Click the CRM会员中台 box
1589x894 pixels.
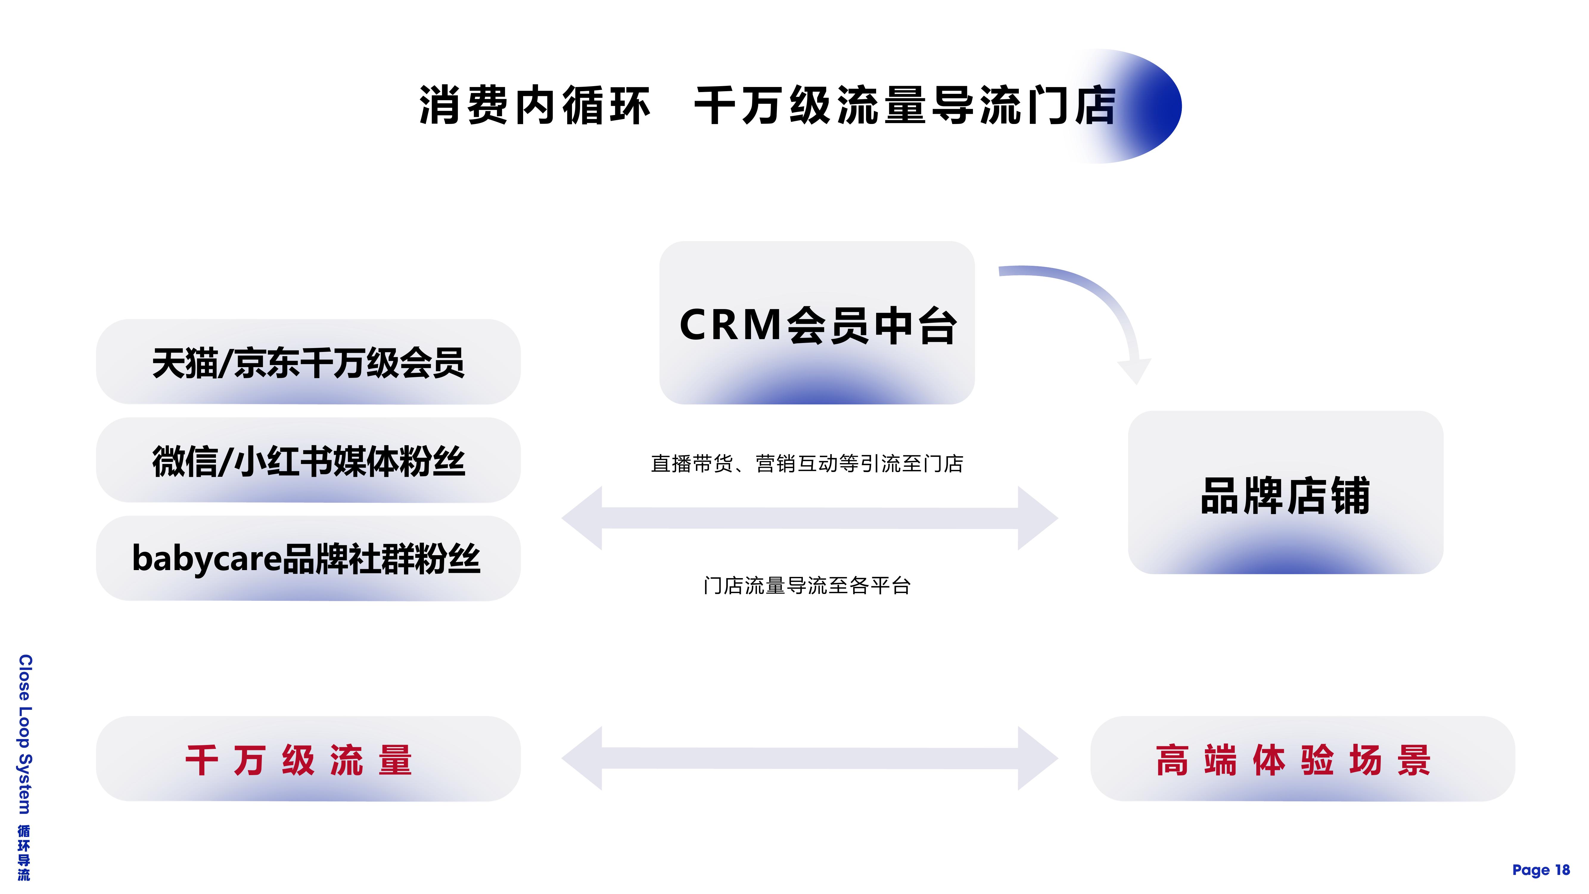[x=817, y=323]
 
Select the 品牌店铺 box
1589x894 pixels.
[x=1285, y=492]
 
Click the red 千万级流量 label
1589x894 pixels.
[x=298, y=760]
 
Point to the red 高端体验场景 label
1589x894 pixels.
[x=1293, y=760]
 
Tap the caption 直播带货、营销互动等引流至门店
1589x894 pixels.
[x=807, y=463]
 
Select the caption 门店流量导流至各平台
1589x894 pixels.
[x=807, y=586]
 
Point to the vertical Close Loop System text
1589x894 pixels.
[x=25, y=734]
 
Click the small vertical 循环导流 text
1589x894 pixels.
[x=24, y=853]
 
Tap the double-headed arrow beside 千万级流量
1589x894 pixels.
[x=810, y=758]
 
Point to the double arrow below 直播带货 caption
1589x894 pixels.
[x=810, y=518]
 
